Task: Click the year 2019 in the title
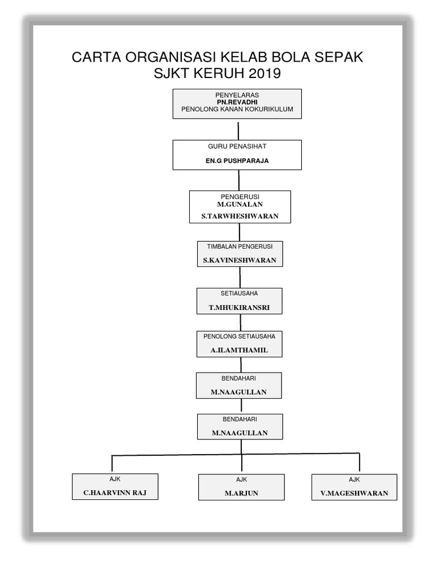pos(264,74)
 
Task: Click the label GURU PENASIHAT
pos(237,146)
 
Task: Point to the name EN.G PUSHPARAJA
pos(237,161)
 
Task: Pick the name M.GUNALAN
pos(240,204)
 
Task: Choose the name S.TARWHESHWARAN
pos(240,216)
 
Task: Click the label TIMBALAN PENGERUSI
pos(240,247)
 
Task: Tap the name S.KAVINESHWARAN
pos(240,261)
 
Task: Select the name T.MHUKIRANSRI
pos(240,308)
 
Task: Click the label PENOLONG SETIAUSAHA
pos(240,336)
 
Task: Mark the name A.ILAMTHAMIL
pos(240,351)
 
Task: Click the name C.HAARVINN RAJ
pos(115,492)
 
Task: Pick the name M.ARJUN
pos(241,493)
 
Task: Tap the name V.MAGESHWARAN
pos(355,493)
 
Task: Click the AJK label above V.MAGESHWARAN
pos(355,479)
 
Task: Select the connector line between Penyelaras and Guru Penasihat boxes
pos(237,129)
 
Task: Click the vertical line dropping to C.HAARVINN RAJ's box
pos(112,463)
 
